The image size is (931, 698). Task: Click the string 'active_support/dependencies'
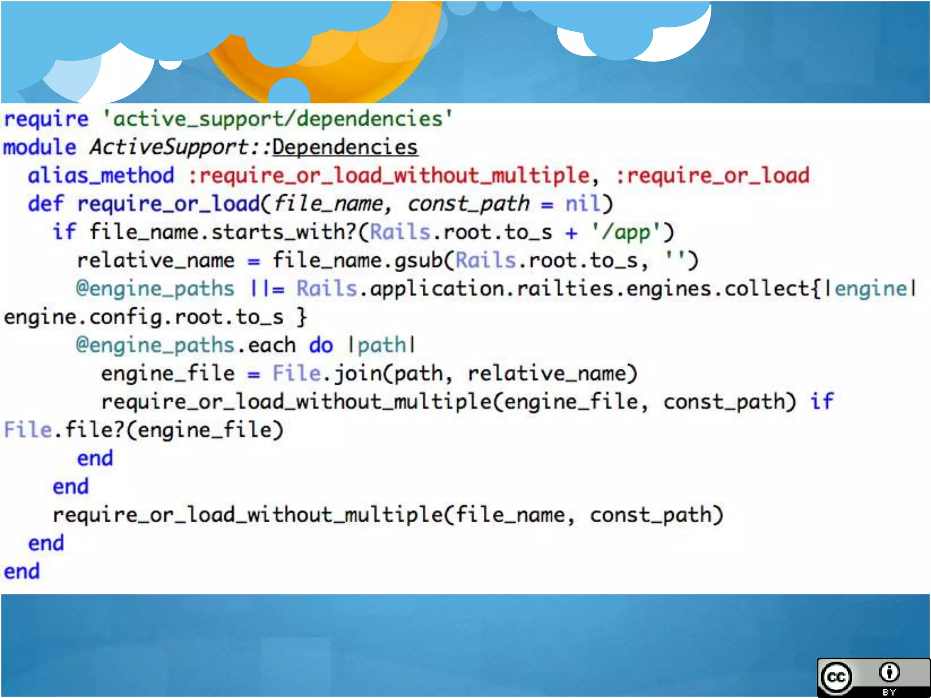pos(277,119)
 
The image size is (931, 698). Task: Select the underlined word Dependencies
pos(345,147)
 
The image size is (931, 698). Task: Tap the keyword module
pos(40,147)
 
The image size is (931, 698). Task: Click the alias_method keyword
pos(101,175)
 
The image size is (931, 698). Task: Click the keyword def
pos(45,204)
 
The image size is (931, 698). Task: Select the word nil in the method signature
pos(583,204)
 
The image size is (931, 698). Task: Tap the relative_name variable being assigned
pos(155,260)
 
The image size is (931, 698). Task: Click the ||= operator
pos(267,289)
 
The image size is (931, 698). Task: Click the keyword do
pos(321,345)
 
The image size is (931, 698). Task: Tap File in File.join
pos(296,373)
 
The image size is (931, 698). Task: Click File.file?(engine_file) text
pos(144,430)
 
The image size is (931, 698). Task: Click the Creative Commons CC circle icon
pos(836,677)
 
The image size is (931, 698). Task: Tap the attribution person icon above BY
pos(889,672)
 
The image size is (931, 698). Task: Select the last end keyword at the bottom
pos(22,571)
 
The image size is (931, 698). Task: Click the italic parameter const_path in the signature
pos(468,204)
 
